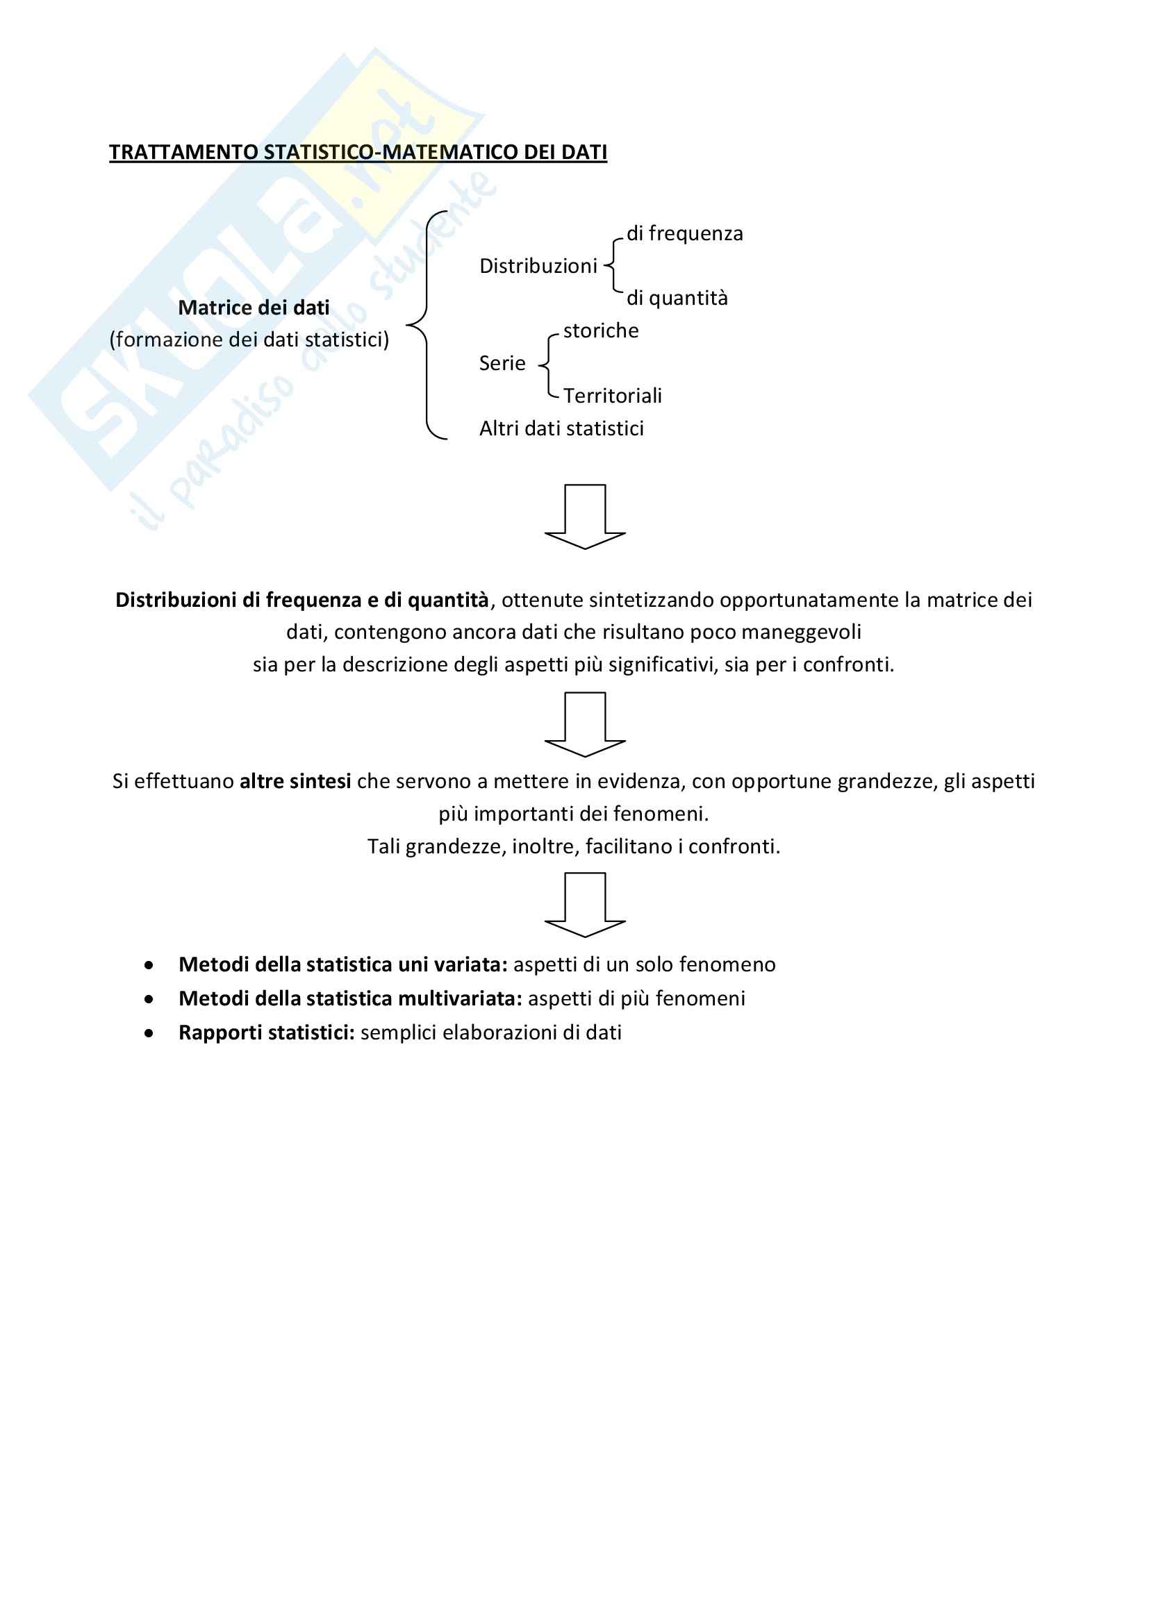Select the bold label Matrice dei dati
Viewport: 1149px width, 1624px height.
click(254, 308)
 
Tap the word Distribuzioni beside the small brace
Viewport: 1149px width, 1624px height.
click(538, 266)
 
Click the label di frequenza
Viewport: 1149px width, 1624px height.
click(685, 233)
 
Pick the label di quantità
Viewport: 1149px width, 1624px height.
click(677, 298)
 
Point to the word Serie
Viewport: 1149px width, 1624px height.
click(502, 364)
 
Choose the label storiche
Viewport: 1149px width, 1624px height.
click(601, 330)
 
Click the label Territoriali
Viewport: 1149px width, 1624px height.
click(613, 395)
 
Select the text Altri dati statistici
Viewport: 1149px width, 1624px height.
click(562, 428)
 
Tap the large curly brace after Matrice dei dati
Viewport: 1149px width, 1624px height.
click(425, 326)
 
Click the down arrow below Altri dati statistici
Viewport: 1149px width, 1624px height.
click(585, 517)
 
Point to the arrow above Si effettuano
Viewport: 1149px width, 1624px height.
click(585, 724)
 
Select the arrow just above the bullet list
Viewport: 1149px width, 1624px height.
click(585, 905)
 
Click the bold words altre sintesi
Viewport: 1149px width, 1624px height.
click(296, 782)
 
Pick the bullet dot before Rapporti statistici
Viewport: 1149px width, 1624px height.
click(149, 1033)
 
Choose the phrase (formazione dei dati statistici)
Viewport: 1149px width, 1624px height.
click(249, 340)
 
